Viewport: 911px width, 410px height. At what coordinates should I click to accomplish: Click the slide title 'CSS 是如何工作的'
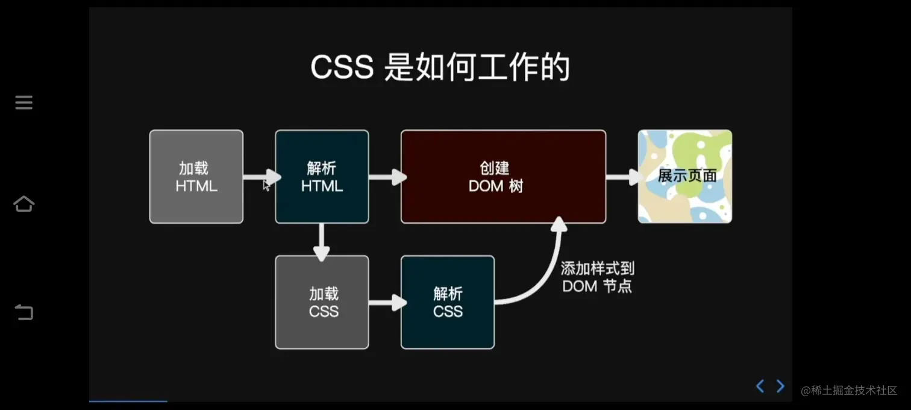coord(440,68)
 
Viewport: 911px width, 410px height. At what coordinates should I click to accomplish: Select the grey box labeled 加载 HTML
coord(196,177)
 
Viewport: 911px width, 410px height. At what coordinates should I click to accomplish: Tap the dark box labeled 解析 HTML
coord(322,177)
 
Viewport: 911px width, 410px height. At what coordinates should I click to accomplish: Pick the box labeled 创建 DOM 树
coord(503,177)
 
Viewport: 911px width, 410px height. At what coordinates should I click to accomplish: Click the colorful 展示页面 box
coord(685,177)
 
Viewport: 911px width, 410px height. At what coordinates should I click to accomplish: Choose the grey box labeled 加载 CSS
coord(322,302)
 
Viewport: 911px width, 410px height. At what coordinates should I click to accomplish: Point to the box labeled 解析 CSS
coord(448,302)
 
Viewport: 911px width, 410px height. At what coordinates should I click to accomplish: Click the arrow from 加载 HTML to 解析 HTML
coord(260,177)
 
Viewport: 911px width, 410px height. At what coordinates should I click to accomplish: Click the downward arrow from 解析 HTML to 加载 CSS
coord(322,241)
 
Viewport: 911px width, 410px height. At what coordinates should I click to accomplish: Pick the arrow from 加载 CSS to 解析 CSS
coord(386,302)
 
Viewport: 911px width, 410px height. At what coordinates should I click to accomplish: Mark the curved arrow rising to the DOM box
coord(545,271)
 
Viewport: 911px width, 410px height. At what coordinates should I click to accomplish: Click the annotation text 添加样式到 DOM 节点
coord(597,277)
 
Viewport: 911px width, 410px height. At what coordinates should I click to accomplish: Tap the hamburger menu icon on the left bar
coord(24,102)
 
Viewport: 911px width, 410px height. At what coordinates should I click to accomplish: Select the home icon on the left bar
coord(24,204)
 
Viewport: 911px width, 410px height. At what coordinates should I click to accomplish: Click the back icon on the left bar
coord(24,312)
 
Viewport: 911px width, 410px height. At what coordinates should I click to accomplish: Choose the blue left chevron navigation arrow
coord(760,386)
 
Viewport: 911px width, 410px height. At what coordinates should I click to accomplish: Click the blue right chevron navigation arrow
coord(780,386)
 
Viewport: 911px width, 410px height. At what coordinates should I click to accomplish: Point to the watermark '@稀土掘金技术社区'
coord(849,390)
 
